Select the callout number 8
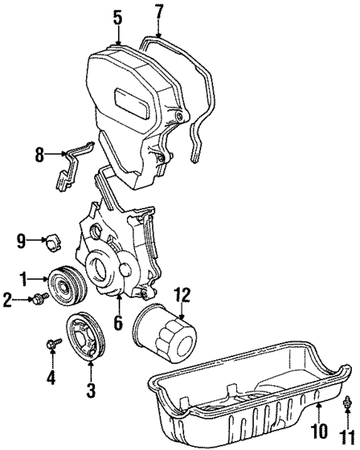pyautogui.click(x=39, y=154)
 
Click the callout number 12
pyautogui.click(x=183, y=296)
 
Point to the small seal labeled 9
pyautogui.click(x=53, y=241)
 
